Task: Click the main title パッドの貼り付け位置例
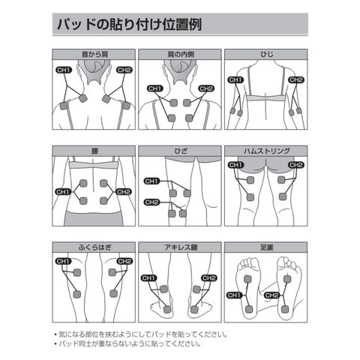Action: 129,25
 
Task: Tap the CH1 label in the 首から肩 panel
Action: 64,70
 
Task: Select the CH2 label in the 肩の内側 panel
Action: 206,88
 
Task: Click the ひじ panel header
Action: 266,54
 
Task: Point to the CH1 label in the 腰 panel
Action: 63,192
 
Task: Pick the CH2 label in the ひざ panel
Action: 152,202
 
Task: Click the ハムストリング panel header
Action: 266,151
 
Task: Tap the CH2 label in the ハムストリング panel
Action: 296,165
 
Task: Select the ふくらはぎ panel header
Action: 94,247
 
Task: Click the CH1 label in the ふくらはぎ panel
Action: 63,261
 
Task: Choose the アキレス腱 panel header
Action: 180,247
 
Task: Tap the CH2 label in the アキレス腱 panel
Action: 209,278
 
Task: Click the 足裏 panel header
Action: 266,247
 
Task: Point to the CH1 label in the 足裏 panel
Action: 235,295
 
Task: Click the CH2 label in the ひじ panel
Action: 296,80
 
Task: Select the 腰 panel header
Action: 94,151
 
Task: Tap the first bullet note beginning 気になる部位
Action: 141,334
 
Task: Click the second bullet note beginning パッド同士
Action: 127,343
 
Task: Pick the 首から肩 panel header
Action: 94,54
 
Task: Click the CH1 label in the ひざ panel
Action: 152,181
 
